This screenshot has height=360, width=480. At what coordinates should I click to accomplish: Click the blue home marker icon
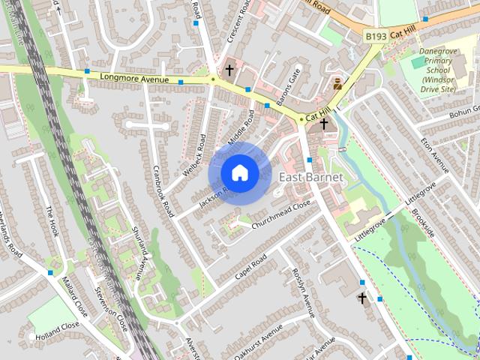point(239,172)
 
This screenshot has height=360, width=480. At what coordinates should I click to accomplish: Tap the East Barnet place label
point(310,177)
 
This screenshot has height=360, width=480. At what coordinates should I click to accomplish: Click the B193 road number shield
point(376,36)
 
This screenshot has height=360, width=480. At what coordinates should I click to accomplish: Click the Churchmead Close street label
point(281,214)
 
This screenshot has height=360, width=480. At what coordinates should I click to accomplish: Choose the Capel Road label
point(250,268)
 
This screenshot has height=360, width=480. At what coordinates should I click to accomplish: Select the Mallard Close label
point(74,294)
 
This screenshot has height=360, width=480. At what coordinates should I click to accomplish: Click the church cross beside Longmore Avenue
point(229,70)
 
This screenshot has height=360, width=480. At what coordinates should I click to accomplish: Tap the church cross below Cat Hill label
point(324,124)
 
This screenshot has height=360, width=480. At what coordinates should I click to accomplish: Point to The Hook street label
point(52,222)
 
